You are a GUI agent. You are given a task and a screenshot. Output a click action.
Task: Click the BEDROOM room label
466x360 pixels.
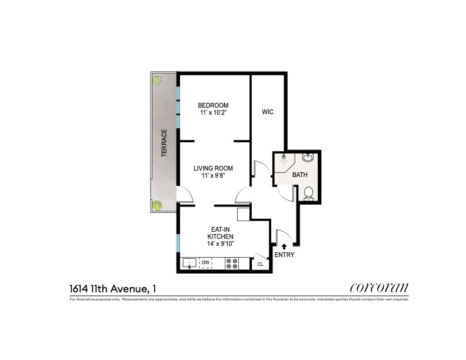213,105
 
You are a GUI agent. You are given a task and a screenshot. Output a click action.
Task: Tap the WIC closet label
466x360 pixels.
268,112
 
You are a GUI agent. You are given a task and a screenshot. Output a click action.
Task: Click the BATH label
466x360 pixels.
300,175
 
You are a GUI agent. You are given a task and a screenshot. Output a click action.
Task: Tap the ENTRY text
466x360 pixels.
284,255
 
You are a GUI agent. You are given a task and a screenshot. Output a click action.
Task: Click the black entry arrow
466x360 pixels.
284,247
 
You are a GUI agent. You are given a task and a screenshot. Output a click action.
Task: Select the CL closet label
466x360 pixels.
260,265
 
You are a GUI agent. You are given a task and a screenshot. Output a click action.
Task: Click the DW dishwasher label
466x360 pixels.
206,263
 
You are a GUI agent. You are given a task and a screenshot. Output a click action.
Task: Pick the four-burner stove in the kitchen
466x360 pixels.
232,264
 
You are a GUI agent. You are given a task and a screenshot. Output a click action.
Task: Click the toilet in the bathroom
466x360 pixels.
307,192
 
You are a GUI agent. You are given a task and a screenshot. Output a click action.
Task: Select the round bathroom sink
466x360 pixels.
307,158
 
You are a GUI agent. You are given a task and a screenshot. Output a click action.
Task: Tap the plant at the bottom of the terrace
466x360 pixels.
158,205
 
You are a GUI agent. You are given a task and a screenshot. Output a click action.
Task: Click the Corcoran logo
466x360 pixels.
378,288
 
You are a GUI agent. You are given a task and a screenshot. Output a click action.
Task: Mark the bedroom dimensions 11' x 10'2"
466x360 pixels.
213,113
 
